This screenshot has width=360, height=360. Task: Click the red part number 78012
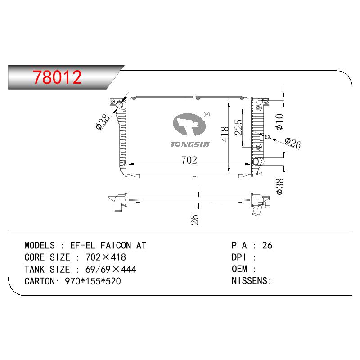(57, 77)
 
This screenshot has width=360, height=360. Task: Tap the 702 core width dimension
(189, 160)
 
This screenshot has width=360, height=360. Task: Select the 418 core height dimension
(225, 134)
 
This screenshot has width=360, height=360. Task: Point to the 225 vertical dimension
(238, 127)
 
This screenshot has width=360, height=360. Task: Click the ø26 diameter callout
(293, 143)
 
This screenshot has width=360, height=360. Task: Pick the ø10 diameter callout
(280, 122)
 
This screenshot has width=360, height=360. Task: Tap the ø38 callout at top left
(103, 122)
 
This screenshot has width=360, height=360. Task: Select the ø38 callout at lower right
(280, 187)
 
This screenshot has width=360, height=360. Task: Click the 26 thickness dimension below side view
(194, 220)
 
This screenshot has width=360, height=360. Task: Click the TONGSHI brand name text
(190, 144)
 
